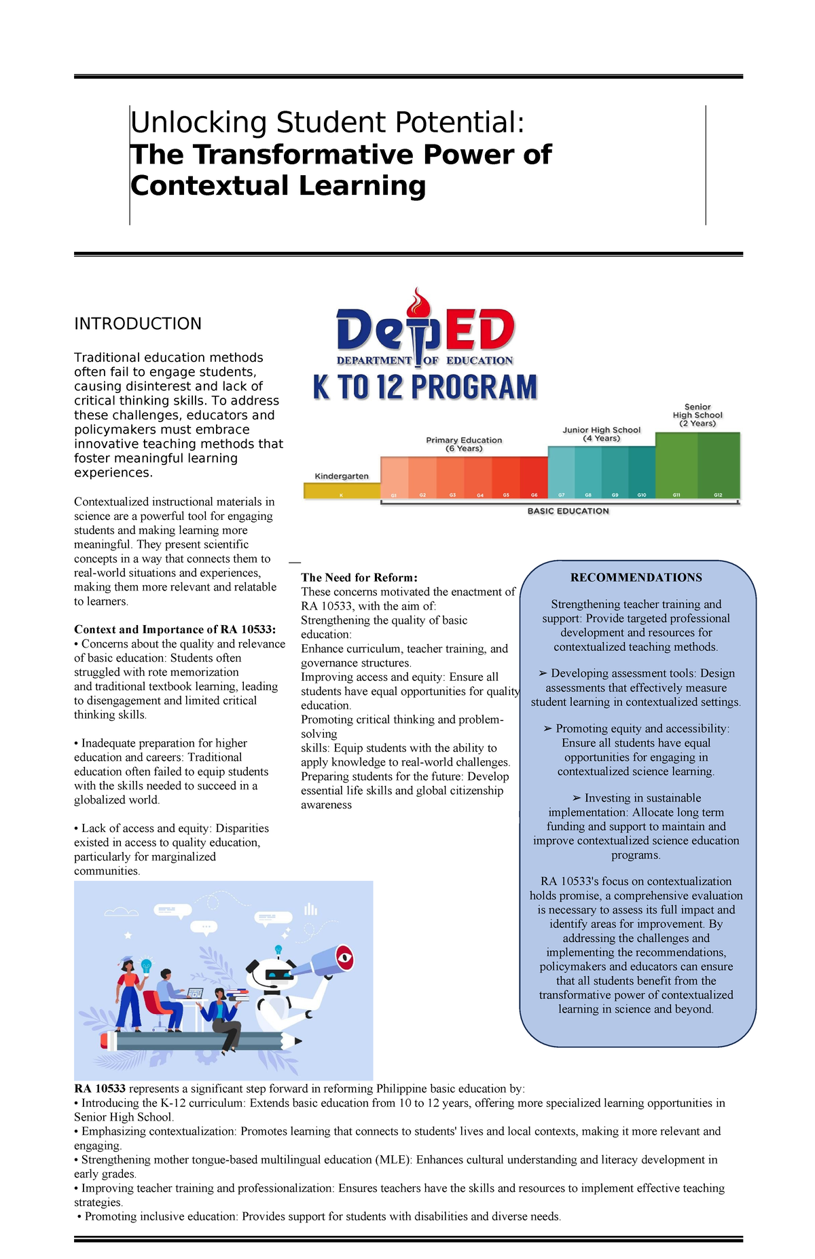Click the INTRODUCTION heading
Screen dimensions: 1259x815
click(x=138, y=324)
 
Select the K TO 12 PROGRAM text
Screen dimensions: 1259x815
click(x=425, y=388)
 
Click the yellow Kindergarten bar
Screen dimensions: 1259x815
click(x=342, y=491)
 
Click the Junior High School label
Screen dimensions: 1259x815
click(x=601, y=434)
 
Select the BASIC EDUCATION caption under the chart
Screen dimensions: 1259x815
click(x=568, y=511)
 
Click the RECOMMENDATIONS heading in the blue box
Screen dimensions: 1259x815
click(x=636, y=578)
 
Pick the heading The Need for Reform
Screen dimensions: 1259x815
click(x=359, y=578)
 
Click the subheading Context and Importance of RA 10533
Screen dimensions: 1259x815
click(x=175, y=629)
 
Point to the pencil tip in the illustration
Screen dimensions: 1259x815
click(x=297, y=1040)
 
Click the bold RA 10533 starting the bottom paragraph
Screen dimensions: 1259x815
click(x=100, y=1088)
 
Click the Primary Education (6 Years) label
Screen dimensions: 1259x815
click(x=464, y=444)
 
